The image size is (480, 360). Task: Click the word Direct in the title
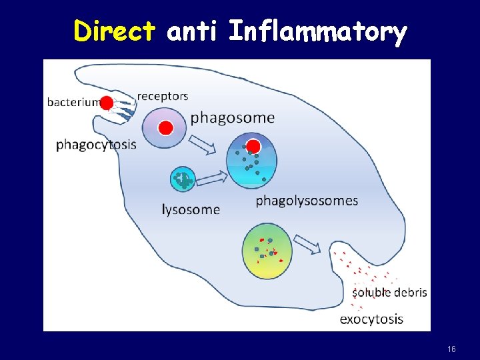pos(115,31)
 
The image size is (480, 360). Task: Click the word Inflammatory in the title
pos(317,31)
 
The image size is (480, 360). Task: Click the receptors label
pos(163,96)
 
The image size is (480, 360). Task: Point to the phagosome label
pos(232,118)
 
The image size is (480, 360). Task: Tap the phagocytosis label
pos(96,144)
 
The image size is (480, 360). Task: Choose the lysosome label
pos(191,209)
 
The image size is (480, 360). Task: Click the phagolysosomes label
pos(307,200)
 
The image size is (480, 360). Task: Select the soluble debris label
pos(389,292)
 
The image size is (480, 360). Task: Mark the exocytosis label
pos(371,319)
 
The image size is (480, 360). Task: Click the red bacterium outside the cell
pos(107,103)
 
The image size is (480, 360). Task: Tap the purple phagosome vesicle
pos(164,127)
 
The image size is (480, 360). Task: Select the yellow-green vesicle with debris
pos(266,251)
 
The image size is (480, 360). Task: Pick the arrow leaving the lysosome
pos(212,178)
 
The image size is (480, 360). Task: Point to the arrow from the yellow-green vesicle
pos(307,244)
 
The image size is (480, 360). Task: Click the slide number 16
pos(451,349)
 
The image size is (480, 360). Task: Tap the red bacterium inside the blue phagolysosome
pos(253,147)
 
